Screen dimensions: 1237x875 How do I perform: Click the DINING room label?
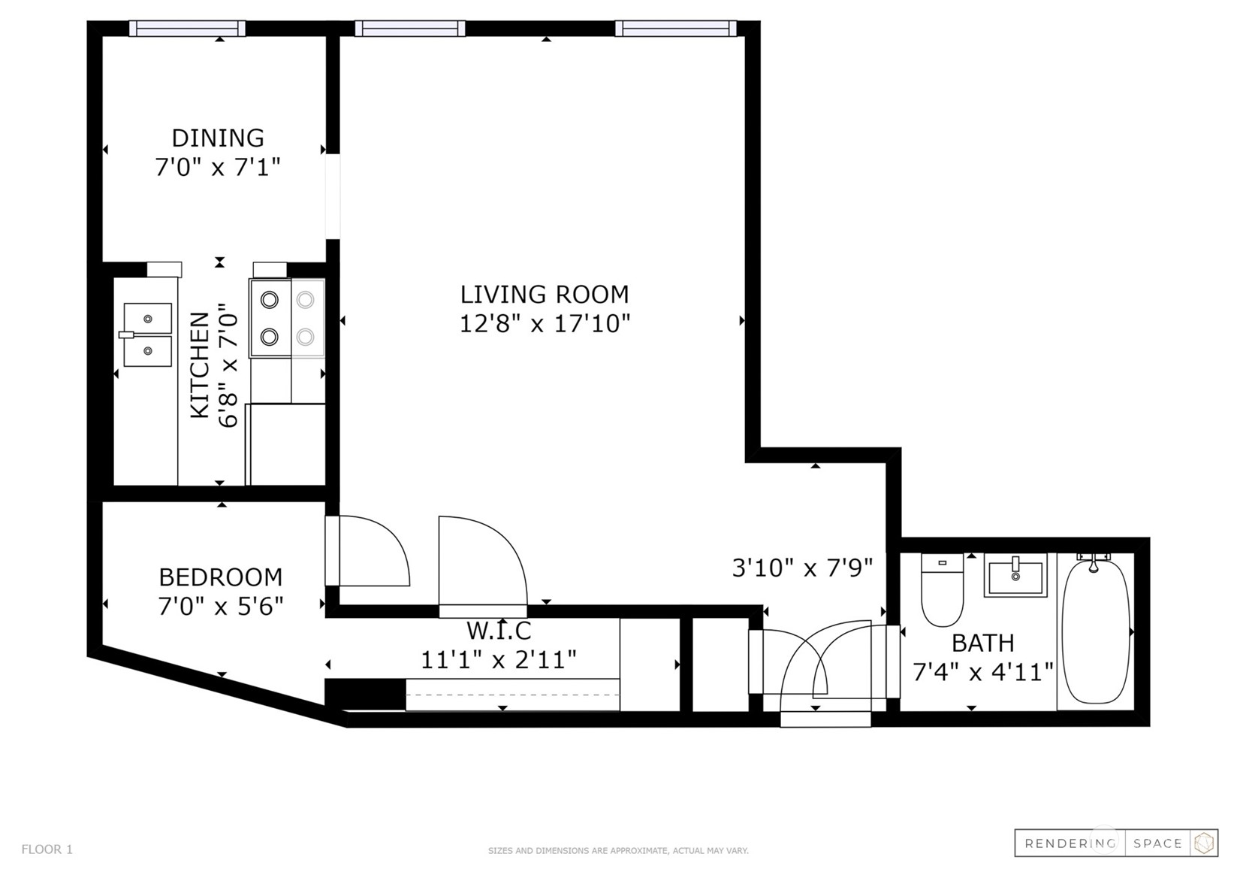(218, 138)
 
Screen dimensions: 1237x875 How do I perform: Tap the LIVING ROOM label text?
(545, 295)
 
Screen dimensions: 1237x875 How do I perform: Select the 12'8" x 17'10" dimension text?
(545, 323)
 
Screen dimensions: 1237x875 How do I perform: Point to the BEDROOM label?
(220, 577)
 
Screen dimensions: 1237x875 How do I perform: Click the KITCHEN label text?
(200, 365)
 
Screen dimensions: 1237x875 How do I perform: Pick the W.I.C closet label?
(499, 630)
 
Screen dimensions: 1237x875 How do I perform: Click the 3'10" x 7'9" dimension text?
(802, 568)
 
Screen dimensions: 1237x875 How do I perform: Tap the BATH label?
(983, 643)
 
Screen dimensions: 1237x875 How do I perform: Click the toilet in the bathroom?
(942, 589)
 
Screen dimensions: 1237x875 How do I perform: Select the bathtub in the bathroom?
(1097, 631)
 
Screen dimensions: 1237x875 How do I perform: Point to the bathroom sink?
(1015, 575)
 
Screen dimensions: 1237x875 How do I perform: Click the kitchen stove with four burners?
(287, 319)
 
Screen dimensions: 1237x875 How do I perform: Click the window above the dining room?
(187, 29)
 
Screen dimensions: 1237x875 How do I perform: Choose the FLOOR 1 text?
(47, 849)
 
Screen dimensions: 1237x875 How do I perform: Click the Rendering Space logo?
(1116, 843)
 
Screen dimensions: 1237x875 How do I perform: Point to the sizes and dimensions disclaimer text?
(618, 851)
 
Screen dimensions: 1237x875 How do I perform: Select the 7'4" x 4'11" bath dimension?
(983, 672)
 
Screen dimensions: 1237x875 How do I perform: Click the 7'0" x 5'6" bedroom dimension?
(220, 607)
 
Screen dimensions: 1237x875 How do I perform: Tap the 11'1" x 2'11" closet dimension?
(499, 659)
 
